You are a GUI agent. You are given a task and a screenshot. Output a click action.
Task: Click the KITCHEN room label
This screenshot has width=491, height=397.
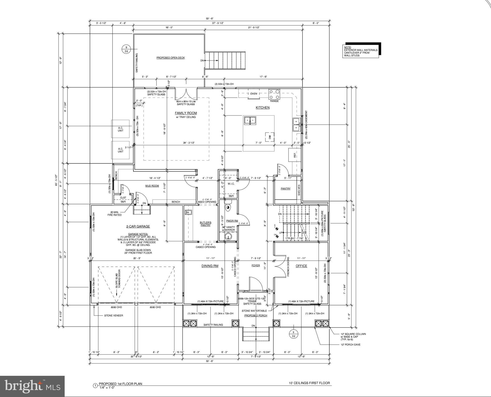pyautogui.click(x=262, y=108)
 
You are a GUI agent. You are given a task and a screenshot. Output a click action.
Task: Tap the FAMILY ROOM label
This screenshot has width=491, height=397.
pyautogui.click(x=186, y=113)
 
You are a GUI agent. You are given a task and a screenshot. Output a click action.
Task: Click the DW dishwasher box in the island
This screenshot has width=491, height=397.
pyautogui.click(x=269, y=137)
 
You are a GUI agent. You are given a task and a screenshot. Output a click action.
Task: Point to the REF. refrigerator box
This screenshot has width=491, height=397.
pyautogui.click(x=294, y=155)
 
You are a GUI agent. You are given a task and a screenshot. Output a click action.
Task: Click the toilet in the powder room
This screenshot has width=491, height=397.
pyautogui.click(x=228, y=208)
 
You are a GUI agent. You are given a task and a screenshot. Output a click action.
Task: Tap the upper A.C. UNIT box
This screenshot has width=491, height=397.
pyautogui.click(x=120, y=129)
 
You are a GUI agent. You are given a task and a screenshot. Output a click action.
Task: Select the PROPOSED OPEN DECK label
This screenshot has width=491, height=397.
pyautogui.click(x=170, y=58)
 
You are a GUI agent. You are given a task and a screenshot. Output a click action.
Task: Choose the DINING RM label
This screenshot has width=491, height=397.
pyautogui.click(x=210, y=266)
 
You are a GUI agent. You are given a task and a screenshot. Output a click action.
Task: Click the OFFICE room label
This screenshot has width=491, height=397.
pyautogui.click(x=301, y=266)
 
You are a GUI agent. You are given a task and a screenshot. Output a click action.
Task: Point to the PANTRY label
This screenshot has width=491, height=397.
pyautogui.click(x=285, y=189)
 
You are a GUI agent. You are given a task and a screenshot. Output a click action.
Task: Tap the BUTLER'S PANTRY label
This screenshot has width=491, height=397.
pyautogui.click(x=205, y=224)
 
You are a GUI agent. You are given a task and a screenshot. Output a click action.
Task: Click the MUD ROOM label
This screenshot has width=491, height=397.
pyautogui.click(x=152, y=186)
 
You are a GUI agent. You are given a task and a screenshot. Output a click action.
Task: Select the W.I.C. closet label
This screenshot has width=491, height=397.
pyautogui.click(x=231, y=184)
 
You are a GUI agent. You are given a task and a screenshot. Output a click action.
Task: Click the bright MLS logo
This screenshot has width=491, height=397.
pyautogui.click(x=32, y=386)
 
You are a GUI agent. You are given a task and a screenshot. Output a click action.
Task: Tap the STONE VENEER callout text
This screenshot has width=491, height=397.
pyautogui.click(x=114, y=316)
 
